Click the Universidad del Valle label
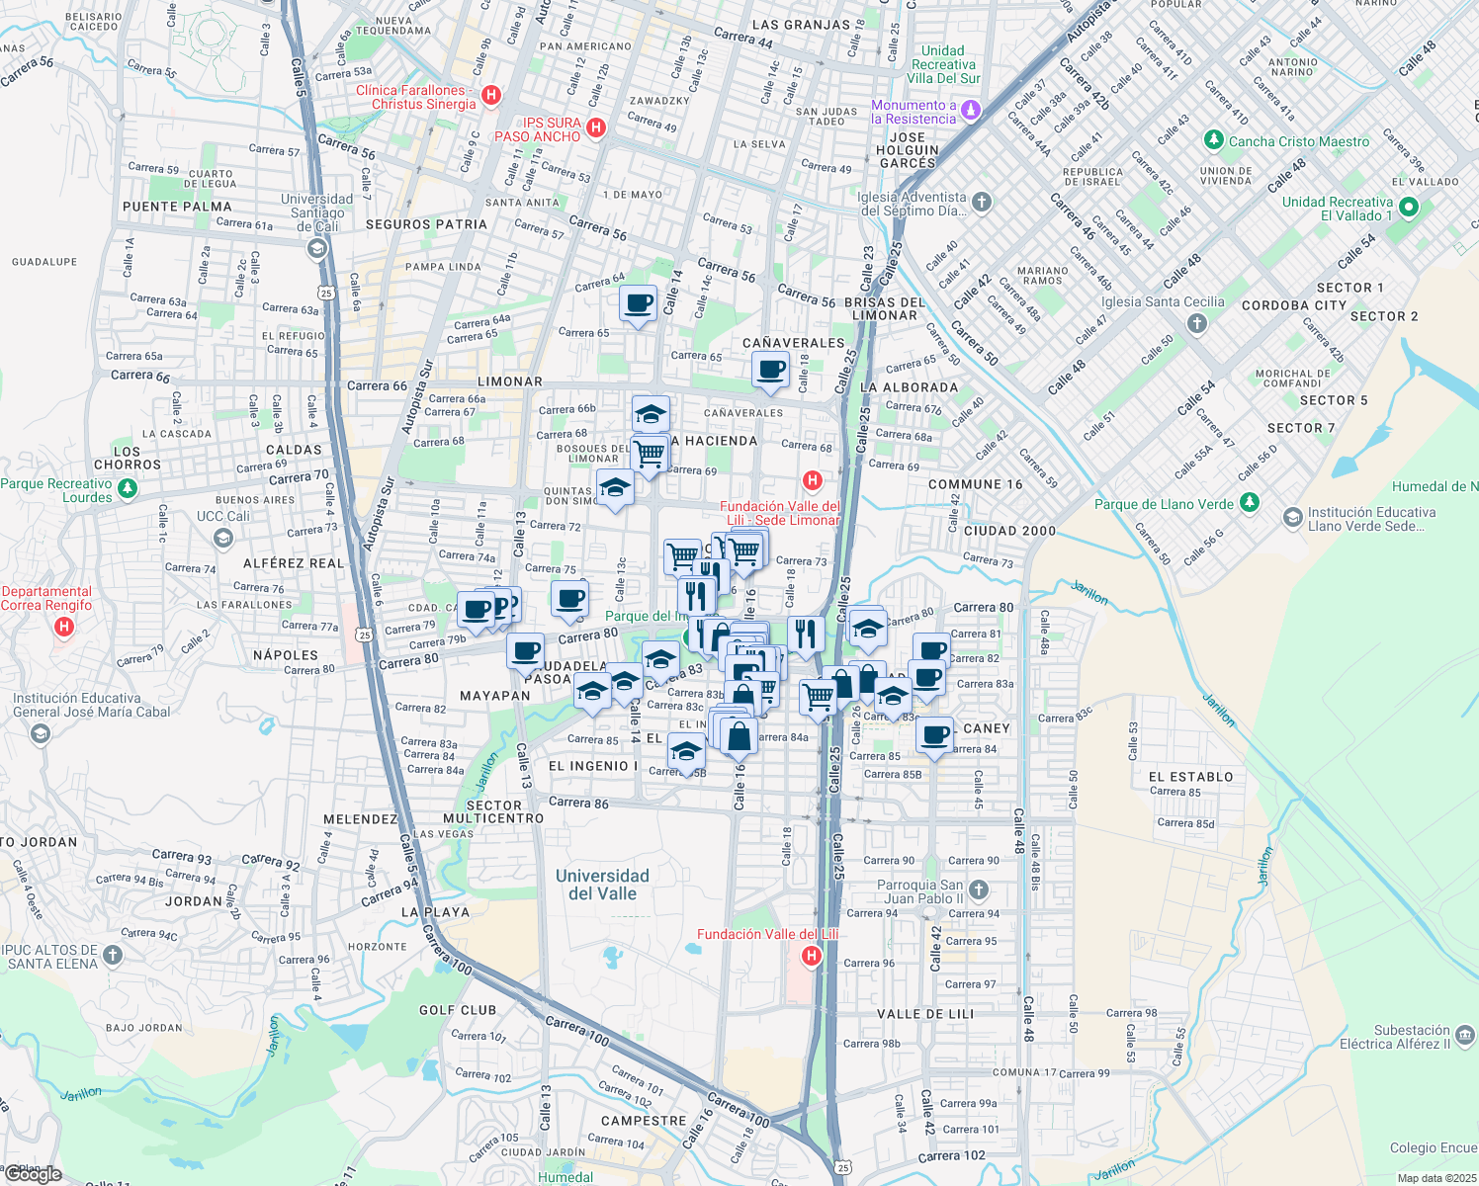tap(602, 885)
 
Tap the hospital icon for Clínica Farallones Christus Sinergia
tap(491, 96)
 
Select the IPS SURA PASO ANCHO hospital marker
tap(595, 127)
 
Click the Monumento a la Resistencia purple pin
tap(971, 110)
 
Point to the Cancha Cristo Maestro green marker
tap(1214, 140)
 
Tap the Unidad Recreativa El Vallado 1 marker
tap(1409, 208)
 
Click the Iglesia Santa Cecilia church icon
tap(1196, 323)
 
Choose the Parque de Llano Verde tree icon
tap(1250, 502)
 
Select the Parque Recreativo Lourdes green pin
tap(127, 488)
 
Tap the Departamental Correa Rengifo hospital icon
tap(64, 626)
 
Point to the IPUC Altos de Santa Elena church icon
tap(113, 955)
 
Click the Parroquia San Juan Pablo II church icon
tap(978, 890)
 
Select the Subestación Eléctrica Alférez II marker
tap(1465, 1035)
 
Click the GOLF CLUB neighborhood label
tap(458, 1010)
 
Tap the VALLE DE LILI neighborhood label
tap(925, 1014)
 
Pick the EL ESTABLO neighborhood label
tap(1190, 777)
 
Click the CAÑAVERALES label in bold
tap(794, 343)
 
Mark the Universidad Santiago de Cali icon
tap(317, 248)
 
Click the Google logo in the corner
tap(33, 1174)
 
